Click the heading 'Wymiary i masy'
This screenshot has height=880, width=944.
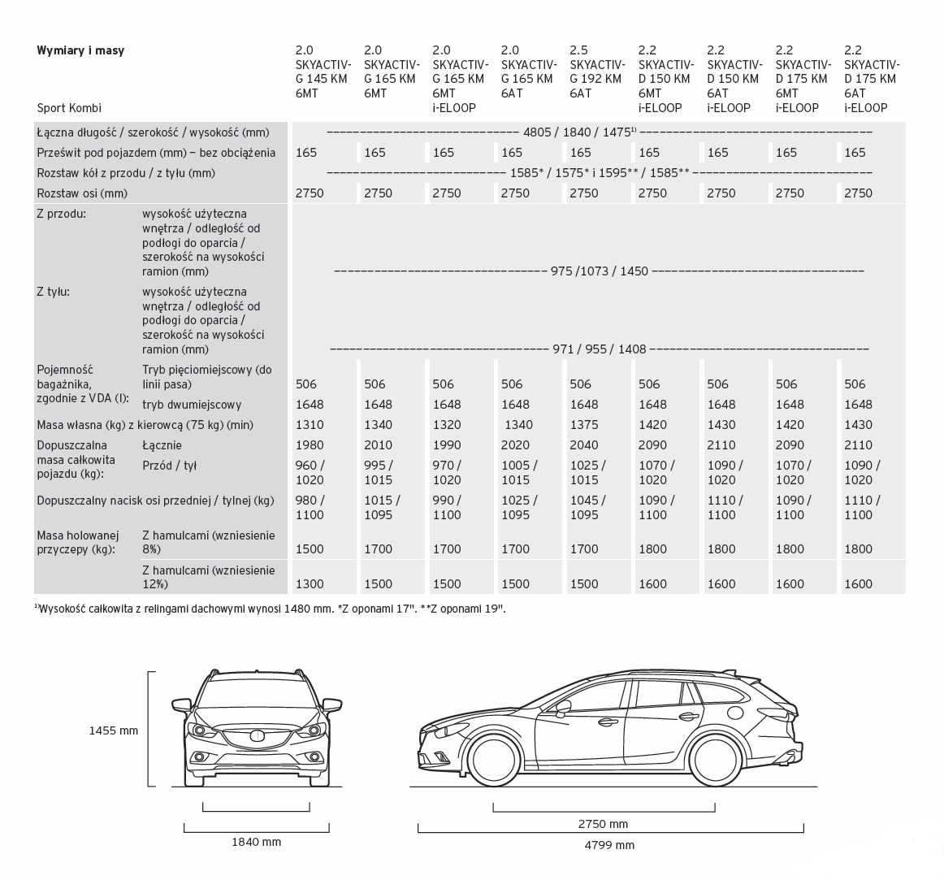coord(80,50)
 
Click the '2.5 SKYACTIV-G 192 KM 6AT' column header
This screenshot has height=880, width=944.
coord(597,72)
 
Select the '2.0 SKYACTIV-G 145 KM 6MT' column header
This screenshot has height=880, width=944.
coord(323,72)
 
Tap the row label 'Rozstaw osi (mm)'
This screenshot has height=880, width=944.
coord(82,193)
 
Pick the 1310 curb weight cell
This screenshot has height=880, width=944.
coord(310,425)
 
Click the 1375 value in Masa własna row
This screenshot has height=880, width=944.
coord(583,425)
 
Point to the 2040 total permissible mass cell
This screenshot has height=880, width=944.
coord(583,445)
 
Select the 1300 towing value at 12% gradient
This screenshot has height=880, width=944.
coord(310,583)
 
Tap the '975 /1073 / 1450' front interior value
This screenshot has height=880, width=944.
coord(599,271)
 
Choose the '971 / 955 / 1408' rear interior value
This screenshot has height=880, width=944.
coord(599,349)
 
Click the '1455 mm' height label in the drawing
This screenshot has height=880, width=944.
coord(114,730)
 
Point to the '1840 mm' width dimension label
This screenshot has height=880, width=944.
coord(256,842)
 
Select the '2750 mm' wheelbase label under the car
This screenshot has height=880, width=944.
coord(603,823)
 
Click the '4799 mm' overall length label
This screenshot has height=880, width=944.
coord(609,845)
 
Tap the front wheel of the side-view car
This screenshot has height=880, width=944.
coord(495,760)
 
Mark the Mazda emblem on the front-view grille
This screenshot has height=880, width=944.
coord(257,736)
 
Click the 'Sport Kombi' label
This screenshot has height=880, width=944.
coord(69,108)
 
